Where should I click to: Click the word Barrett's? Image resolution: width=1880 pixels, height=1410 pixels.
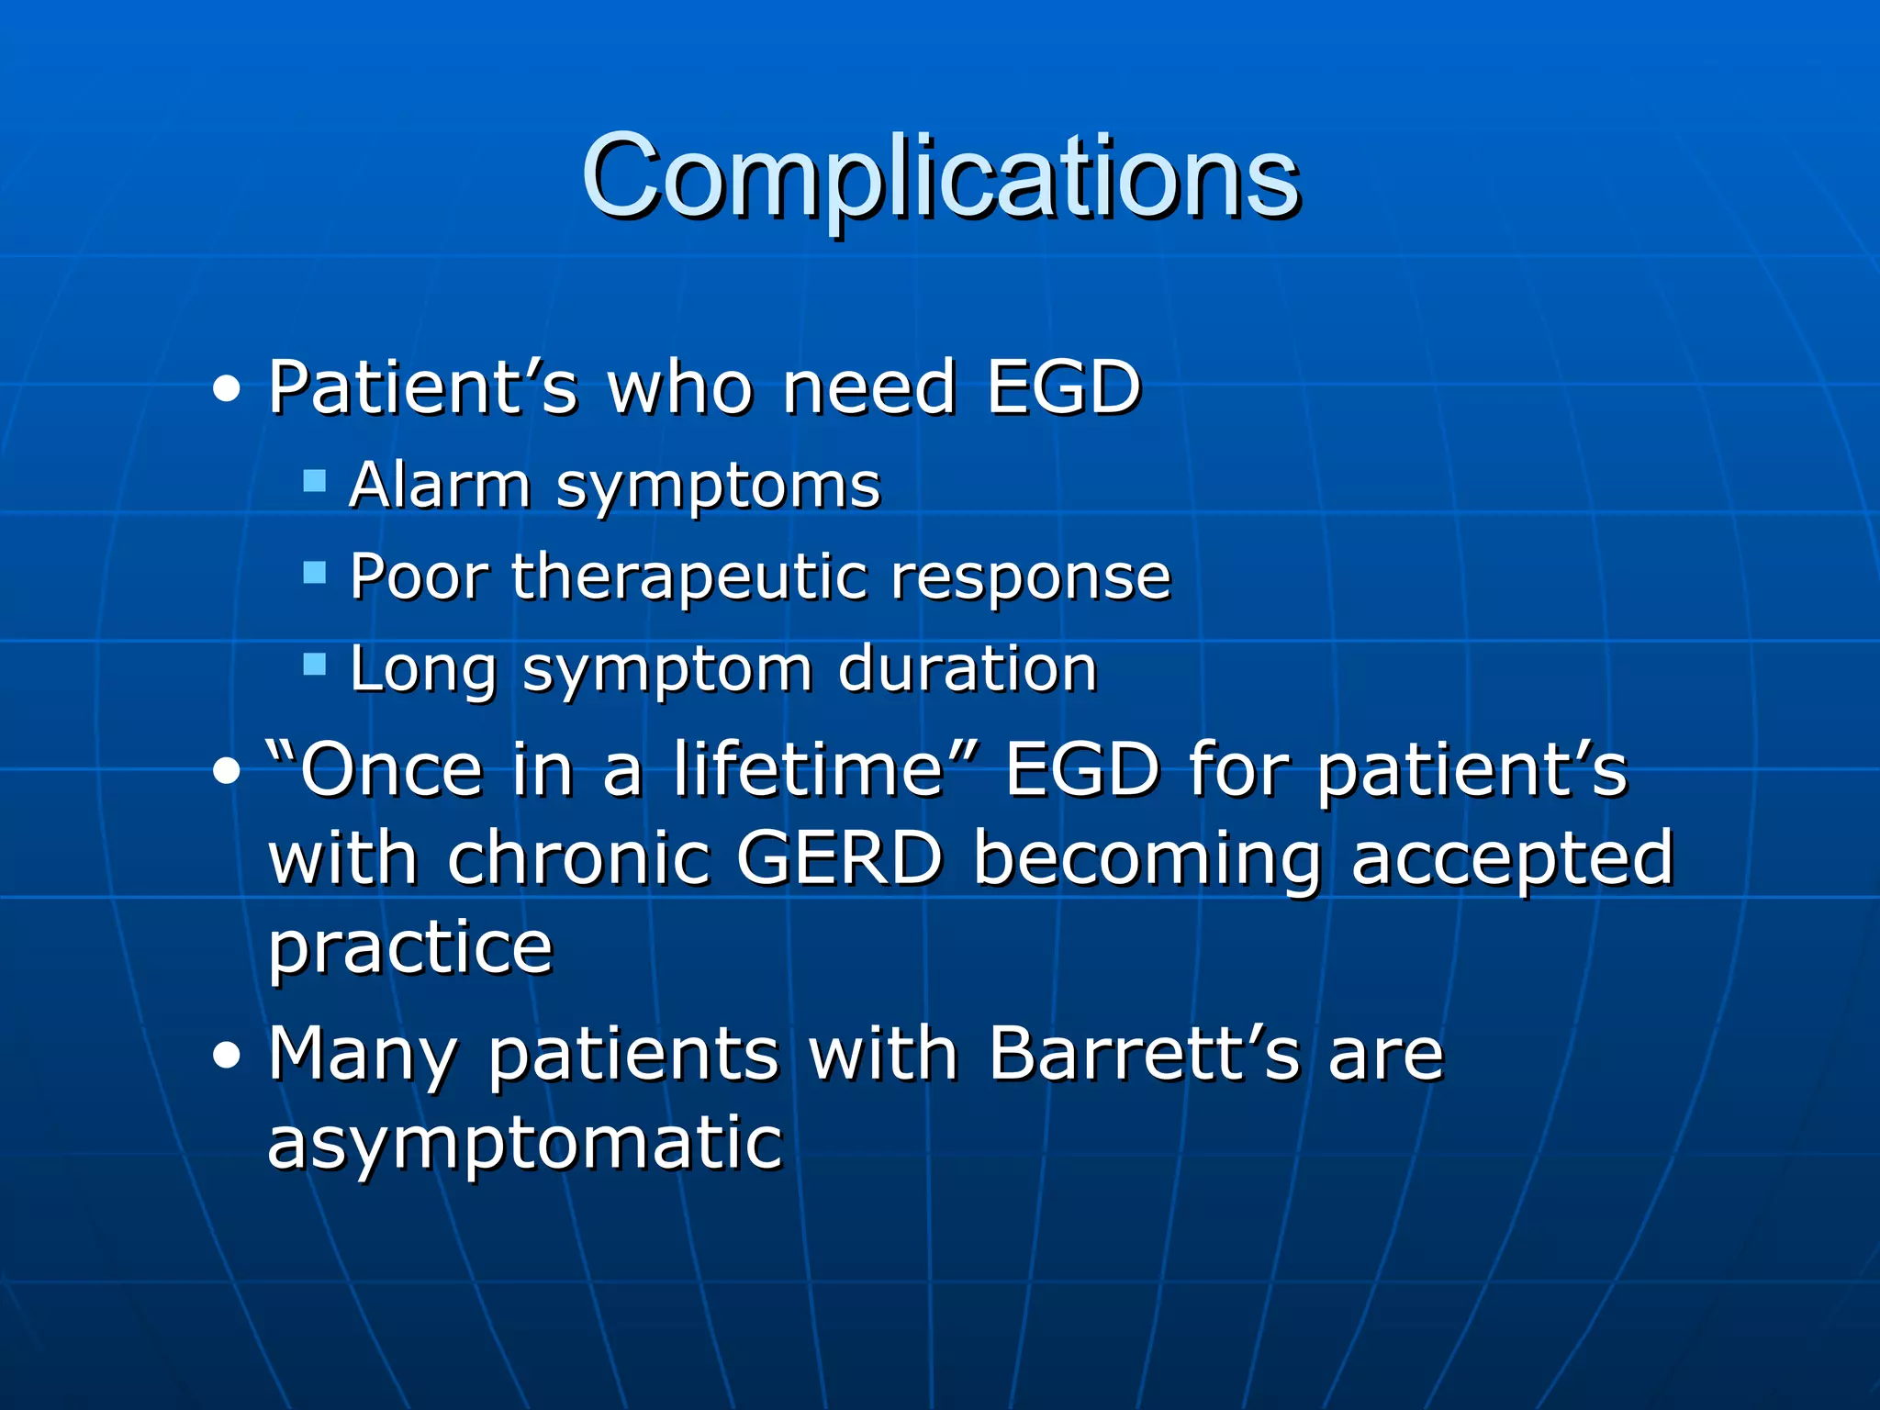coord(1145,1053)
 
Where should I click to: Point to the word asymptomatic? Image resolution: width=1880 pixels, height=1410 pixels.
coord(524,1145)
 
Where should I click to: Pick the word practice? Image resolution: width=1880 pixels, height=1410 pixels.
coord(410,948)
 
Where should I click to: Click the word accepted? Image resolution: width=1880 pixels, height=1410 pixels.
coord(1513,860)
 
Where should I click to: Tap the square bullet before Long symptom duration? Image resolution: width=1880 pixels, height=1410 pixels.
coord(315,664)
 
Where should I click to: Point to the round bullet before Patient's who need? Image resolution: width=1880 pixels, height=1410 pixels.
coord(226,390)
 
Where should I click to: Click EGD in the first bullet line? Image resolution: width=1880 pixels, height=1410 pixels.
coord(1063,387)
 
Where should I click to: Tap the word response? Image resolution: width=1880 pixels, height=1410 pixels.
coord(1031,579)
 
